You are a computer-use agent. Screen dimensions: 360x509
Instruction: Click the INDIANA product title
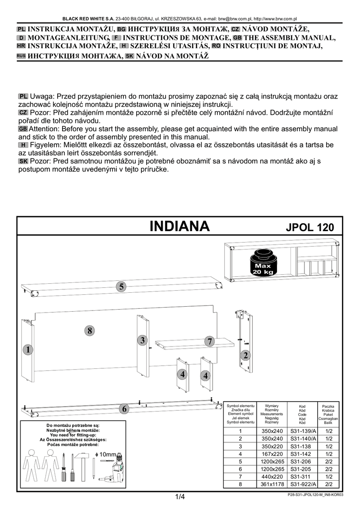tap(180, 226)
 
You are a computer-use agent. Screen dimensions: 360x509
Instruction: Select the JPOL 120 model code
tap(310, 227)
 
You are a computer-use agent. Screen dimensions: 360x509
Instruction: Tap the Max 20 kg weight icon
tap(264, 263)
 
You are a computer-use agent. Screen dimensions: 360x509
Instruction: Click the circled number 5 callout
tap(121, 287)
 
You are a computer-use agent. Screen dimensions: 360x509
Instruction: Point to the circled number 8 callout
tap(90, 331)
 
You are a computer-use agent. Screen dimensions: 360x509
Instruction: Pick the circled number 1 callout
tap(28, 349)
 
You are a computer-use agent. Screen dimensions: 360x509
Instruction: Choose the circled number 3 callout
tap(142, 340)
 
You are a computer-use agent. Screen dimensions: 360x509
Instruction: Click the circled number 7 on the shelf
tap(210, 341)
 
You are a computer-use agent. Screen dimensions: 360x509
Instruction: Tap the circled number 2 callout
tap(246, 355)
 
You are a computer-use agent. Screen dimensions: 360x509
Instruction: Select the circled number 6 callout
tap(124, 409)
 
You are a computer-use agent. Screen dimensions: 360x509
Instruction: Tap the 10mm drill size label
tap(105, 454)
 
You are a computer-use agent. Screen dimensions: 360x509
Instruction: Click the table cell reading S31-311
tap(301, 477)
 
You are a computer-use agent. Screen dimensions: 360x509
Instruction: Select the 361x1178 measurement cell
tap(272, 484)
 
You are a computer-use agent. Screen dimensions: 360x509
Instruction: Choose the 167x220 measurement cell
tap(272, 454)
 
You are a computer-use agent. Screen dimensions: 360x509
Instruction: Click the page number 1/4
tap(180, 497)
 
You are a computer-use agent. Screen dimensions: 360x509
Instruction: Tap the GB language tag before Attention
tap(23, 129)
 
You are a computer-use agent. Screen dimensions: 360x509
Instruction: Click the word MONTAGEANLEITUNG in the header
tap(68, 38)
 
